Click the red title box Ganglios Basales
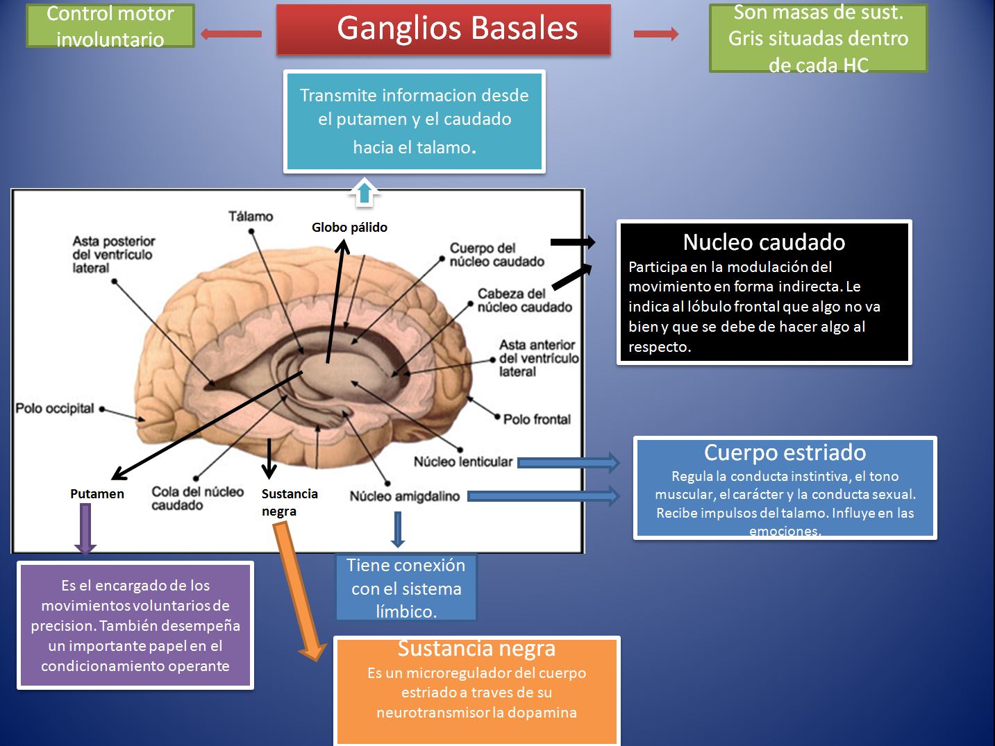[x=444, y=29]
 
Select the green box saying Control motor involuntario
[x=110, y=26]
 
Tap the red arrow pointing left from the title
[x=231, y=33]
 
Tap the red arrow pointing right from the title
[x=656, y=33]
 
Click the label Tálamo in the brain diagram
[x=251, y=217]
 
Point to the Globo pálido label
[x=349, y=228]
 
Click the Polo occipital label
[x=55, y=408]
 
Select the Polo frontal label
[x=537, y=419]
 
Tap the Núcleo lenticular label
[x=463, y=461]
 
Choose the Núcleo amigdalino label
[x=404, y=496]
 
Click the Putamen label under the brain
[x=97, y=494]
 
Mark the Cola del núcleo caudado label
[x=197, y=498]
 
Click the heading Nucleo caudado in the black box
[x=764, y=242]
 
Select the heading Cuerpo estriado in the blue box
[x=785, y=452]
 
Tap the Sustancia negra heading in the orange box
[x=476, y=648]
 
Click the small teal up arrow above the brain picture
[x=365, y=192]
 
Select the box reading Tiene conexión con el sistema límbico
[x=406, y=588]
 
